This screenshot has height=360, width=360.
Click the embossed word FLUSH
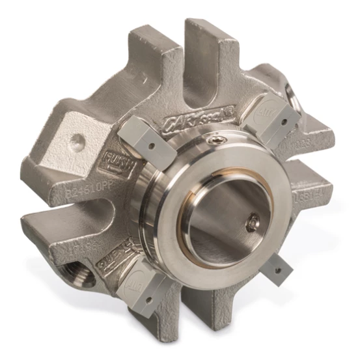(118, 161)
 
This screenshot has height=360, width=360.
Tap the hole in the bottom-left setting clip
(151, 300)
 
